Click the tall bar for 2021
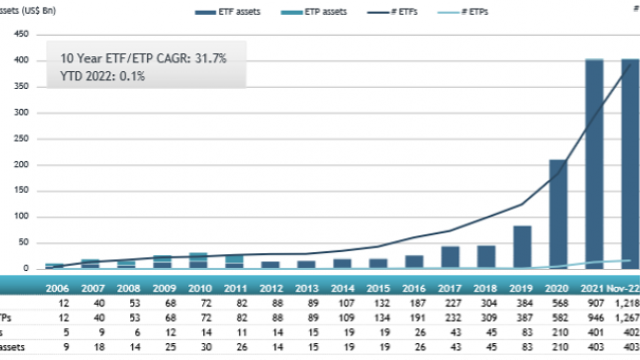594,165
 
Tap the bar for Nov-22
630,165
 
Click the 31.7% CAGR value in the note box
207,59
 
